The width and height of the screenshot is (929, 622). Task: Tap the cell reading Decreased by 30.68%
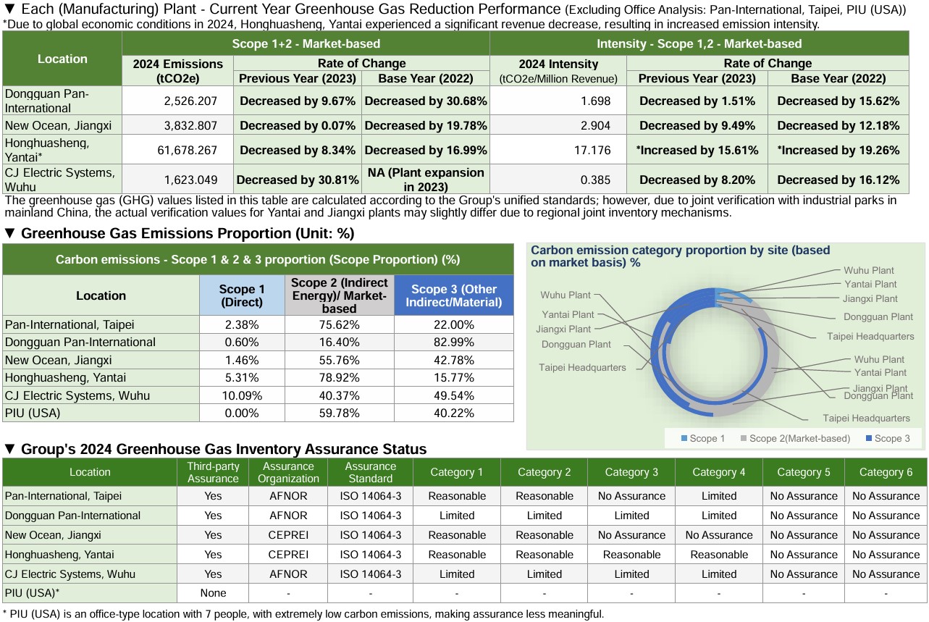point(425,101)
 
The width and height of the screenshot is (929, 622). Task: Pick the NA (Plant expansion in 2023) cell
point(425,180)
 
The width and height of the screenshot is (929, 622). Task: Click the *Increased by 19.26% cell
point(838,151)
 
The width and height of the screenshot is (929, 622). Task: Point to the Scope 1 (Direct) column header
point(242,295)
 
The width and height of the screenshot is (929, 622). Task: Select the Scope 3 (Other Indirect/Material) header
point(454,295)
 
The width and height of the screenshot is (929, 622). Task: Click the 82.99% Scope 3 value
point(454,342)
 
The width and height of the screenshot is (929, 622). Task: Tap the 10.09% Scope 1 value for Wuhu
point(242,395)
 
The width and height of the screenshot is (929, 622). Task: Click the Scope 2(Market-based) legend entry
point(793,438)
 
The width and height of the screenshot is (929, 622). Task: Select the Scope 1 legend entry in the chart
point(702,438)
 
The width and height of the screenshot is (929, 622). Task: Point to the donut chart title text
point(680,256)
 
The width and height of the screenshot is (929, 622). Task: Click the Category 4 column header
point(718,472)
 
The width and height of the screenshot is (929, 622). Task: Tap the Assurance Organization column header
point(288,472)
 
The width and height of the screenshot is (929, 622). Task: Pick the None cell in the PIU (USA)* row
point(213,593)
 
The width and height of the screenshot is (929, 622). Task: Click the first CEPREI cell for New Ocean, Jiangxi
point(288,535)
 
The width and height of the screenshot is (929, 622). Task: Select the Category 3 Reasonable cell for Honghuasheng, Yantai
point(631,555)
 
